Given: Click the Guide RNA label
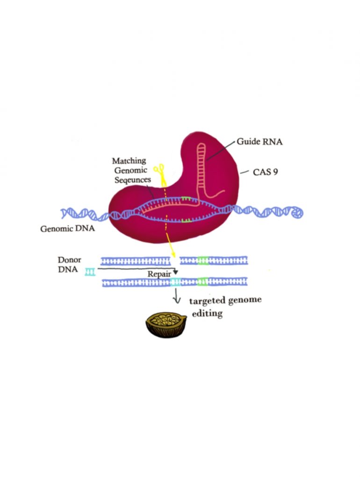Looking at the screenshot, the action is (x=259, y=142).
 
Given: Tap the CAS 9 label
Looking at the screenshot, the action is (x=265, y=172).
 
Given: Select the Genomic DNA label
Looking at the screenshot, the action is (x=67, y=229).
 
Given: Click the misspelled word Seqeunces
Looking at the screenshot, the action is (x=133, y=180).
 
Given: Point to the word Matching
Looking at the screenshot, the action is (x=129, y=160).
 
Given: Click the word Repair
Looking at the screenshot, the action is (x=159, y=274).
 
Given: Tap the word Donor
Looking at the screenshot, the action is (x=69, y=260).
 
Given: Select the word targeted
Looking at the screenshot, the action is (x=207, y=301).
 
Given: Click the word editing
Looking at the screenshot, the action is (x=207, y=313).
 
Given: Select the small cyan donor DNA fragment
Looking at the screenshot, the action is (x=90, y=272).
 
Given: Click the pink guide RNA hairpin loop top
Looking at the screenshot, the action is (x=202, y=145).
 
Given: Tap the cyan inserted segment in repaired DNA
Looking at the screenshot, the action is (x=175, y=282).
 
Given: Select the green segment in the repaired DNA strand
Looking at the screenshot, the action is (x=202, y=282).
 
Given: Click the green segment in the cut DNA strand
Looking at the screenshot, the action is (x=203, y=260).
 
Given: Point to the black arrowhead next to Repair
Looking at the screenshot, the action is (x=175, y=272).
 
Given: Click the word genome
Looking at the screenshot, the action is (x=245, y=300).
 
